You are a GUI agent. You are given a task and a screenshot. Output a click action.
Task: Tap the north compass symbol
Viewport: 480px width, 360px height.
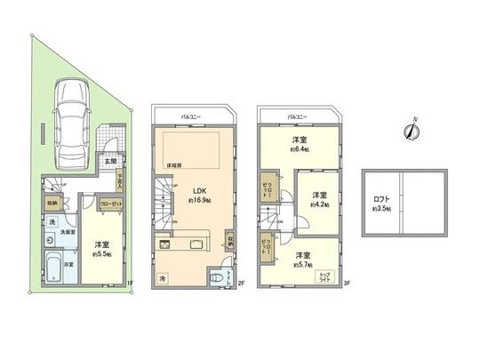pyautogui.click(x=412, y=130)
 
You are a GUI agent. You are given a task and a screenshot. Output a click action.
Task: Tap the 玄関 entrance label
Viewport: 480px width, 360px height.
pyautogui.click(x=109, y=162)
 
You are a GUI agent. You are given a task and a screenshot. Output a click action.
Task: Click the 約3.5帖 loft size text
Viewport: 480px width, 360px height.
pyautogui.click(x=382, y=210)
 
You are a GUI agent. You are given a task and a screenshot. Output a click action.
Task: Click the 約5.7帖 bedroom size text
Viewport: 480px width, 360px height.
pyautogui.click(x=303, y=261)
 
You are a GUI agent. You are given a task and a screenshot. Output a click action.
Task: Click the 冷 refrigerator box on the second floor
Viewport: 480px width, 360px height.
pyautogui.click(x=163, y=278)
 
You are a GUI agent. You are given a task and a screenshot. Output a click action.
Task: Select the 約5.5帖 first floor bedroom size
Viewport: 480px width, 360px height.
pyautogui.click(x=103, y=253)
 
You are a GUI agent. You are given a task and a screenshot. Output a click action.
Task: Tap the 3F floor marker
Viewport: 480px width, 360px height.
pyautogui.click(x=348, y=284)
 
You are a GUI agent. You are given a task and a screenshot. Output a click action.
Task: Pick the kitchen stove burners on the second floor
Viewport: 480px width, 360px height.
pyautogui.click(x=165, y=243)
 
